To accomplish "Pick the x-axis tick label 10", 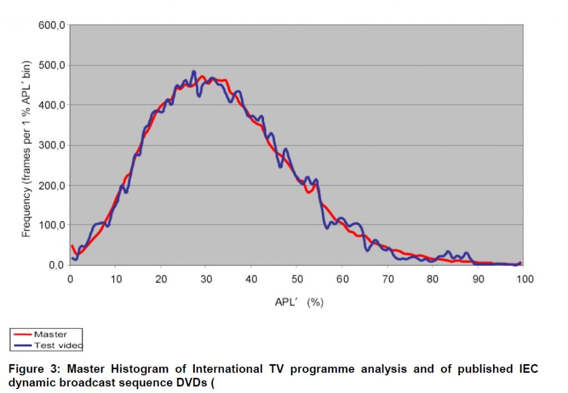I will click(x=115, y=279).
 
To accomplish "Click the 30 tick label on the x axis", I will click(x=206, y=279).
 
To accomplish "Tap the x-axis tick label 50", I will click(x=297, y=279).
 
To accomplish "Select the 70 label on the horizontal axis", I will click(x=388, y=279).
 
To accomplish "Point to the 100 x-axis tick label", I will click(x=524, y=279).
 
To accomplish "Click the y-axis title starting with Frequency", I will click(x=26, y=149).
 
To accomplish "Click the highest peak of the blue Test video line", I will click(x=194, y=72).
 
